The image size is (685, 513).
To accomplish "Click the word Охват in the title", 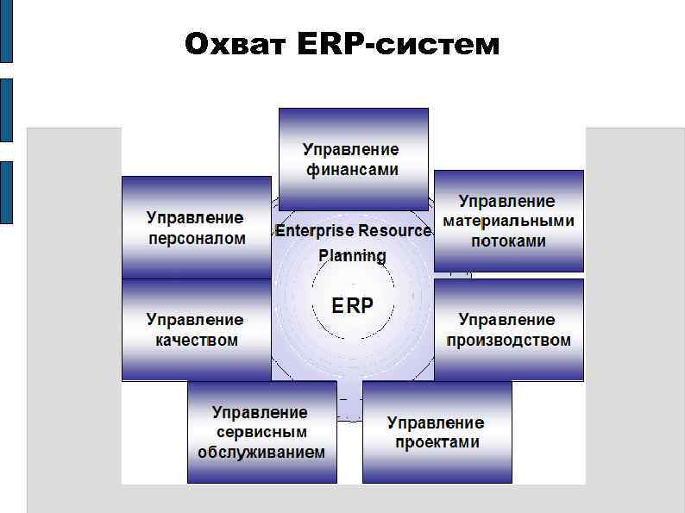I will [236, 44].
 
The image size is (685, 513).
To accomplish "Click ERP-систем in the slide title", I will [398, 44].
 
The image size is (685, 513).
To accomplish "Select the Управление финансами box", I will [353, 159].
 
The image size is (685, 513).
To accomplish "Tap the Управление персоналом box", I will [196, 228].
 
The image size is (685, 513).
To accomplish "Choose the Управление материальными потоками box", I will [508, 221].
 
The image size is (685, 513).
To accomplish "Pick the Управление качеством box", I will [196, 329].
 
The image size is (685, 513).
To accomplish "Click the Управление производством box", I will [508, 329].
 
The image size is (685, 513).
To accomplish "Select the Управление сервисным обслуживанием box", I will [261, 432].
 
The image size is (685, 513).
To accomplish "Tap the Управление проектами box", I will [437, 432].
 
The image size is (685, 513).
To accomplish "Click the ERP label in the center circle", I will [353, 305].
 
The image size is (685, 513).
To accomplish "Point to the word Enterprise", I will [315, 231].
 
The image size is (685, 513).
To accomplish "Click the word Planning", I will [353, 255].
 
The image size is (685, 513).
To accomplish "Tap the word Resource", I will [394, 231].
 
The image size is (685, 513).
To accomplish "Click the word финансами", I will [353, 170].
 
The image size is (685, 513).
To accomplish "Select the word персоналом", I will [197, 238].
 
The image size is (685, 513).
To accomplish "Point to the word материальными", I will [508, 221].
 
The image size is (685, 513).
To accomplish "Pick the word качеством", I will [197, 340].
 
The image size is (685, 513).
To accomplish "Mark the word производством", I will [508, 340].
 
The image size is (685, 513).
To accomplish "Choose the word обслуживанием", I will [261, 452].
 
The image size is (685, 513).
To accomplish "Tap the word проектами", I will [437, 442].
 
